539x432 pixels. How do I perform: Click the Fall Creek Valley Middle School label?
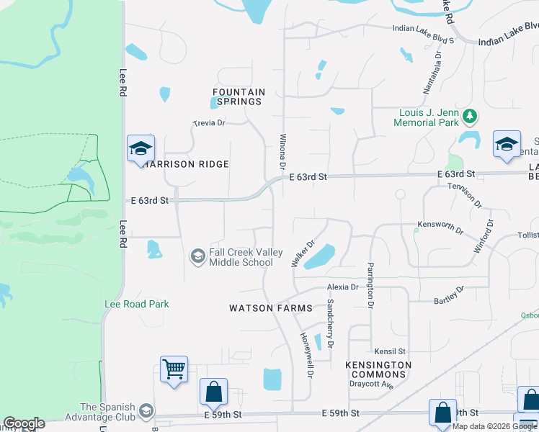pyautogui.click(x=241, y=257)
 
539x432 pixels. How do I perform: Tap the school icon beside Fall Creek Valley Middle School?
pyautogui.click(x=197, y=256)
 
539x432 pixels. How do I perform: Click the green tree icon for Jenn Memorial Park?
pyautogui.click(x=470, y=115)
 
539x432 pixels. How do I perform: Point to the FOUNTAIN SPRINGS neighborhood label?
pyautogui.click(x=239, y=96)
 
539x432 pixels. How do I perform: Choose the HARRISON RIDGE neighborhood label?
pyautogui.click(x=187, y=164)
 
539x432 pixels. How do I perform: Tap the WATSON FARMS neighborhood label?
pyautogui.click(x=271, y=308)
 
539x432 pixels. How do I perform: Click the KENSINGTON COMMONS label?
pyautogui.click(x=378, y=370)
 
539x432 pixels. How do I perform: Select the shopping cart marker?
pyautogui.click(x=174, y=370)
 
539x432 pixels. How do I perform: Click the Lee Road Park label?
pyautogui.click(x=137, y=304)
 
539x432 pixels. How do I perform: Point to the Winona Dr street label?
pyautogui.click(x=282, y=151)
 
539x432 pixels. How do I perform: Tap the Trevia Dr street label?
pyautogui.click(x=210, y=123)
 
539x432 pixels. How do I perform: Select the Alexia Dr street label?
pyautogui.click(x=342, y=287)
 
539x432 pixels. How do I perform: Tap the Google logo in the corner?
pyautogui.click(x=24, y=423)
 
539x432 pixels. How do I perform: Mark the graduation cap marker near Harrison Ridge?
pyautogui.click(x=140, y=149)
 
